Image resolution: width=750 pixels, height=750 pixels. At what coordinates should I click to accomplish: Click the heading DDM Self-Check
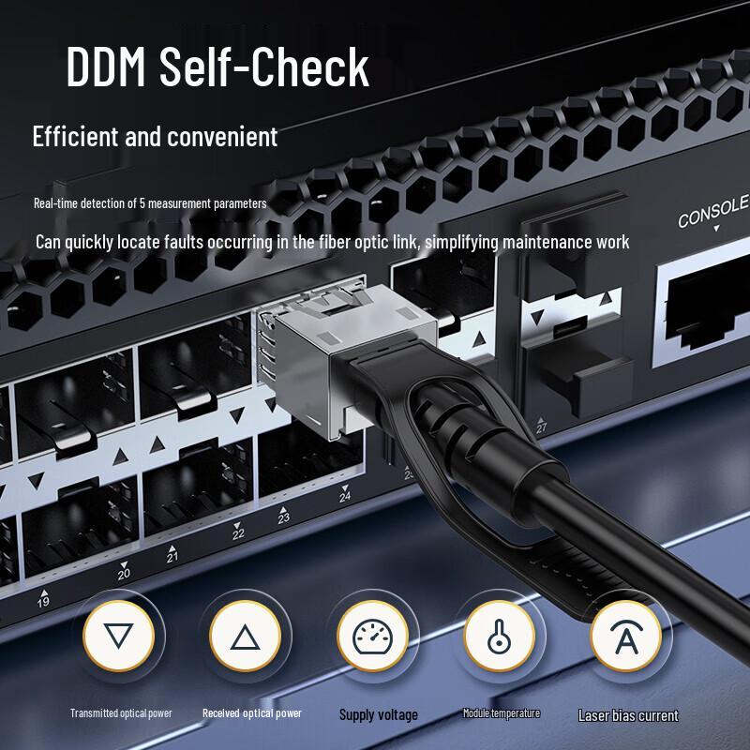(x=217, y=67)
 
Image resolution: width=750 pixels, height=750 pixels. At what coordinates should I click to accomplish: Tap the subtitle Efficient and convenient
(x=155, y=137)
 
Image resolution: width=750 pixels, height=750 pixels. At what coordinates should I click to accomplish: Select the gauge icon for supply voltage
(x=372, y=638)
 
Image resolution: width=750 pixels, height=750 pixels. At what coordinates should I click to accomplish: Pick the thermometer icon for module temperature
(x=498, y=638)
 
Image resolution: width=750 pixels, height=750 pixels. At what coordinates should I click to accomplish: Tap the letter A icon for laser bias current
(x=625, y=638)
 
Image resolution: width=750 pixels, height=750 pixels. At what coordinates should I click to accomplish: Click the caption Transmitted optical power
(x=121, y=713)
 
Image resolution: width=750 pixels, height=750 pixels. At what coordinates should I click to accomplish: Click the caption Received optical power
(x=252, y=713)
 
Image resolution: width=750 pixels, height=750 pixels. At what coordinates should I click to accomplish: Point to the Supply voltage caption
(x=378, y=715)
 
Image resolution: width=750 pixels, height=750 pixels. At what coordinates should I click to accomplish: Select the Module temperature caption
(x=502, y=713)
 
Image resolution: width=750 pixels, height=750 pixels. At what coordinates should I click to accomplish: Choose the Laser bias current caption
(x=628, y=715)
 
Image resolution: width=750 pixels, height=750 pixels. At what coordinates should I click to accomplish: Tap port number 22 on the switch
(x=238, y=533)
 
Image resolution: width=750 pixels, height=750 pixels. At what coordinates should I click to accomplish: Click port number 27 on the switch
(x=541, y=427)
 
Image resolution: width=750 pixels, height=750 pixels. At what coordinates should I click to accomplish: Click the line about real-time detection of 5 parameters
(x=150, y=202)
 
